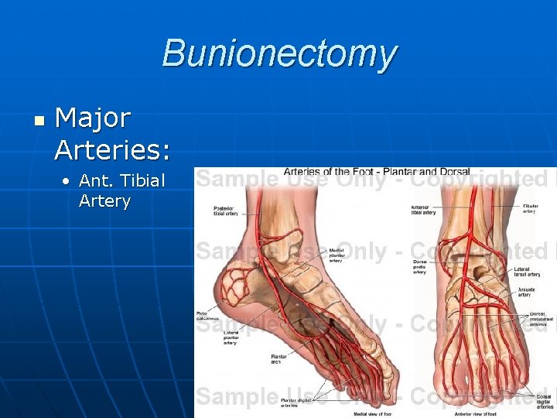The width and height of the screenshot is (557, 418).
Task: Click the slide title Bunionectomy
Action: pos(279,55)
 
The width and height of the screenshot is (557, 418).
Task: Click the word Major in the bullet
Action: pos(94,118)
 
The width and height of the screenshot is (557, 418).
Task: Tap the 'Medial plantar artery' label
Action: pos(337,255)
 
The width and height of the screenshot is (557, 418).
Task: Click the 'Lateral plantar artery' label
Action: pos(230,337)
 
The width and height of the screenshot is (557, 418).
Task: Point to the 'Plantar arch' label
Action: pos(278,358)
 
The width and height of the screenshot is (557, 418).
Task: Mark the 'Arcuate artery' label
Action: pos(525,291)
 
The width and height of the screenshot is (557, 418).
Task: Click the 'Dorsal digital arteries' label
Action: pos(544,400)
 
